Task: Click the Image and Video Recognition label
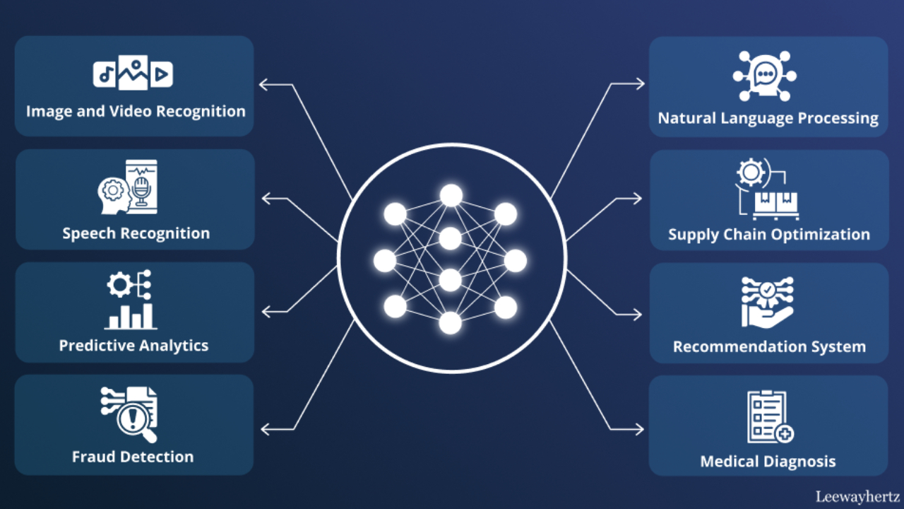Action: (x=136, y=112)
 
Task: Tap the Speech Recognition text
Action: (x=136, y=233)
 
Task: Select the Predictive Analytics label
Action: (x=133, y=346)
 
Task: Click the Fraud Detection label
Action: (x=133, y=457)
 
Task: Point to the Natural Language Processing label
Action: (x=768, y=118)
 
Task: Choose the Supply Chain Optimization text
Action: (x=769, y=234)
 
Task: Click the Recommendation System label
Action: (x=769, y=346)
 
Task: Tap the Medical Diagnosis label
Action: (x=768, y=462)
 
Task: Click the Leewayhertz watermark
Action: (x=857, y=496)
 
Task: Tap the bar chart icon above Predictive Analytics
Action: (x=131, y=316)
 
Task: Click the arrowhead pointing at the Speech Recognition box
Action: (x=266, y=198)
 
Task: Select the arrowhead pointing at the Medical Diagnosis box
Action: (x=639, y=428)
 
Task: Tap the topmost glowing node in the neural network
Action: (x=451, y=195)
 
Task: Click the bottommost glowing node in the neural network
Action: (x=451, y=323)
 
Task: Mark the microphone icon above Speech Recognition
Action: (x=141, y=188)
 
